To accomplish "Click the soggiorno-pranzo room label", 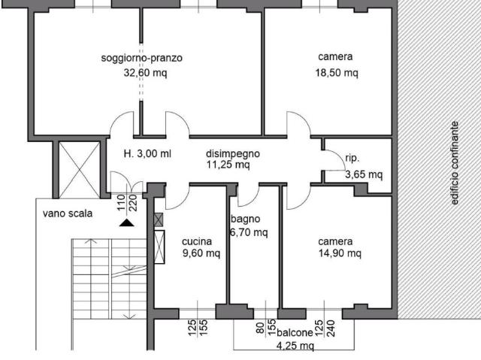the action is pyautogui.click(x=142, y=59).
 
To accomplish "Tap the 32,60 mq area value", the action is pyautogui.click(x=145, y=73).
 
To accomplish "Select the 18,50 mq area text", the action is pyautogui.click(x=337, y=73).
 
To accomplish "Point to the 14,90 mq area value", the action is pyautogui.click(x=340, y=253).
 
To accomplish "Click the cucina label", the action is pyautogui.click(x=197, y=241).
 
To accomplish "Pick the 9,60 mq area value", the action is pyautogui.click(x=201, y=253).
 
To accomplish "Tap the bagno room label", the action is pyautogui.click(x=246, y=219).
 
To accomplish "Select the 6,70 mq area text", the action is pyautogui.click(x=249, y=232).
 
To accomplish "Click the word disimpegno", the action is pyautogui.click(x=233, y=153).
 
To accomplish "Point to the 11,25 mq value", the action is pyautogui.click(x=228, y=165).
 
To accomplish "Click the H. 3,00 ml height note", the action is pyautogui.click(x=147, y=153).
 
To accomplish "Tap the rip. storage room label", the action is pyautogui.click(x=352, y=159).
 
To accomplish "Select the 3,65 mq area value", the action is pyautogui.click(x=364, y=174).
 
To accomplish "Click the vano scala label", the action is pyautogui.click(x=68, y=213).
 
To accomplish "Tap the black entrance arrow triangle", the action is pyautogui.click(x=127, y=223).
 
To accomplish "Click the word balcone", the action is pyautogui.click(x=295, y=333).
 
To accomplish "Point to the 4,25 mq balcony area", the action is pyautogui.click(x=295, y=346).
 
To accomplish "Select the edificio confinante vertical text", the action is pyautogui.click(x=454, y=163).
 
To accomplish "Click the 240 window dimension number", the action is pyautogui.click(x=331, y=328).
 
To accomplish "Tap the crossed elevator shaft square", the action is pyautogui.click(x=80, y=170).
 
